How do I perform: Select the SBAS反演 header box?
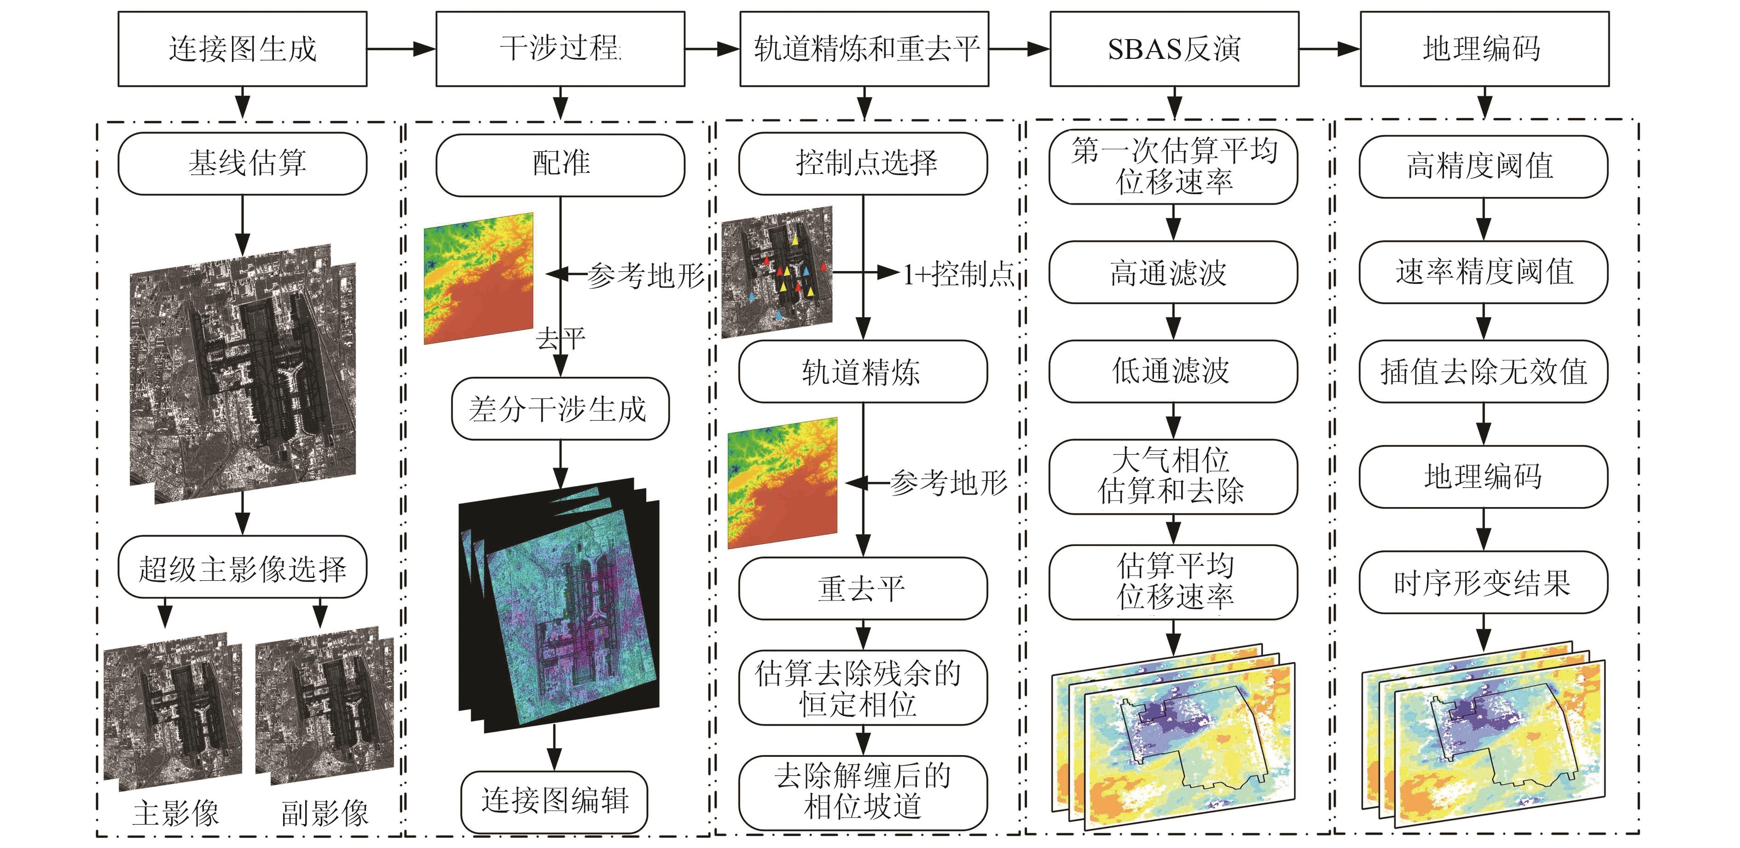pyautogui.click(x=1173, y=49)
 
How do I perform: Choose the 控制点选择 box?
pyautogui.click(x=863, y=163)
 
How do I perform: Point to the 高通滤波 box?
pyautogui.click(x=1172, y=272)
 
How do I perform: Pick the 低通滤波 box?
pyautogui.click(x=1172, y=371)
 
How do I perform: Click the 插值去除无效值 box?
pyautogui.click(x=1483, y=371)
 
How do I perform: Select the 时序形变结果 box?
pyautogui.click(x=1483, y=582)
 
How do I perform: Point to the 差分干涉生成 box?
pyautogui.click(x=560, y=409)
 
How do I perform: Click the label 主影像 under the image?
pyautogui.click(x=176, y=813)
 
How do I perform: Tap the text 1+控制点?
pyautogui.click(x=958, y=273)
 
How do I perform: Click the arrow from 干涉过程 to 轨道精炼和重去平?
pyautogui.click(x=712, y=49)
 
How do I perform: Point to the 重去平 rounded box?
pyautogui.click(x=863, y=588)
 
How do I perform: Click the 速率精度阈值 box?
pyautogui.click(x=1483, y=272)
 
